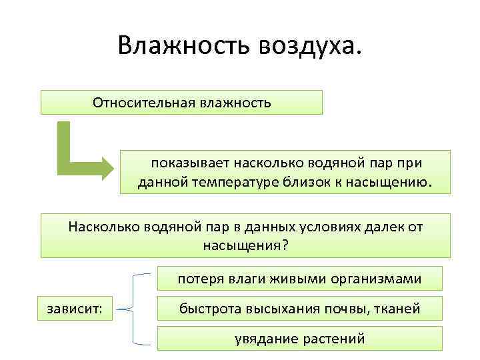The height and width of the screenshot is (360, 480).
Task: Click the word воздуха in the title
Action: pyautogui.click(x=309, y=46)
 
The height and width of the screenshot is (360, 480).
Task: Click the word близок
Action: pyautogui.click(x=321, y=181)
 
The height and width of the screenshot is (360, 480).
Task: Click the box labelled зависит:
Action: pyautogui.click(x=75, y=309)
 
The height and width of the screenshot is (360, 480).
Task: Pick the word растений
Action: pyautogui.click(x=333, y=339)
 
